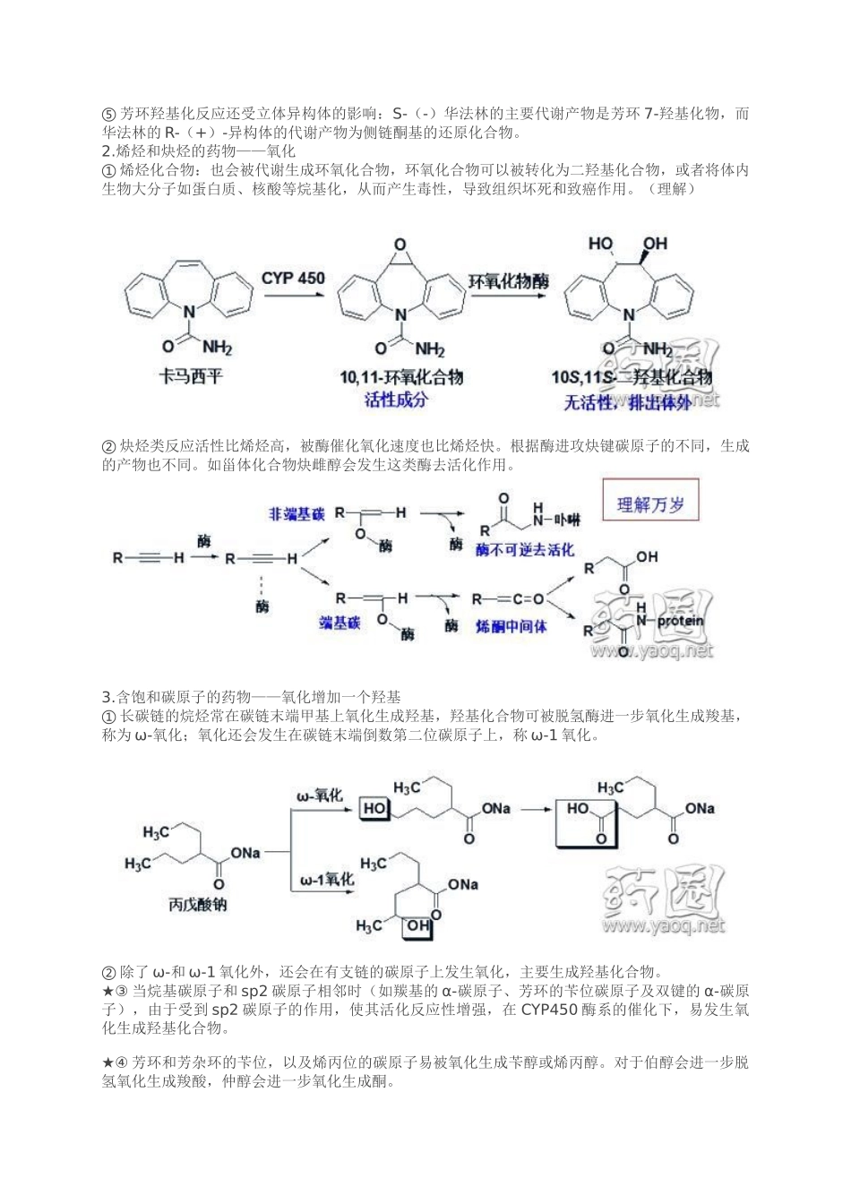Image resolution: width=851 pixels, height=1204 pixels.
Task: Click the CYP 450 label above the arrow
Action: (x=293, y=278)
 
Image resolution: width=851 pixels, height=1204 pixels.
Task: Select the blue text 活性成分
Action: (x=396, y=400)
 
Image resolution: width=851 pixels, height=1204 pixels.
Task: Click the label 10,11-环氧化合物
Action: (x=401, y=377)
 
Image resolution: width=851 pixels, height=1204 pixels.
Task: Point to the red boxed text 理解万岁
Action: (x=650, y=504)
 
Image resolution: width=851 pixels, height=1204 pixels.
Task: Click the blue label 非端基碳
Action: (x=296, y=514)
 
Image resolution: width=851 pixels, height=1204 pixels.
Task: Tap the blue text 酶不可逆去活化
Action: (x=524, y=549)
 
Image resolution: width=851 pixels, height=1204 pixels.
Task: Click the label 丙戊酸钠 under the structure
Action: (x=197, y=904)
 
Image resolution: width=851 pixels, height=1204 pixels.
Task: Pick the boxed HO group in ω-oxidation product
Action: (x=375, y=808)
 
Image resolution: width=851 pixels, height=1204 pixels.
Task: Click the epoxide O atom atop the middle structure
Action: (x=400, y=245)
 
